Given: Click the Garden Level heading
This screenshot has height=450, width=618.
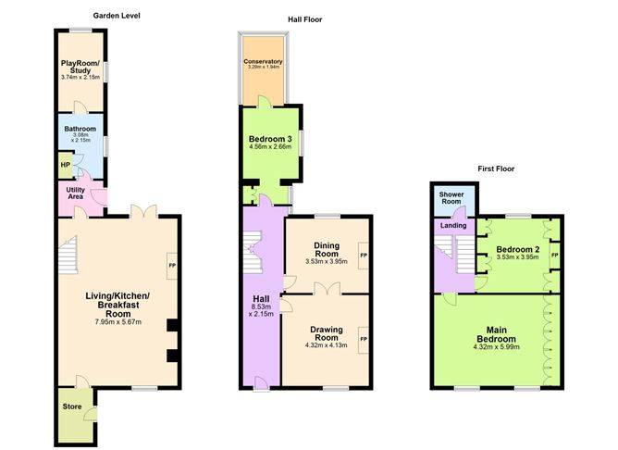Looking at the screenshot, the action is [x=117, y=16].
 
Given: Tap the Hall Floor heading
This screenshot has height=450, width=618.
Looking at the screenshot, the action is [x=304, y=19].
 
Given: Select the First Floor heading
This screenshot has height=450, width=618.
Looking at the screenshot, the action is [x=496, y=169].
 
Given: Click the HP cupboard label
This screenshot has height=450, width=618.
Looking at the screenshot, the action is [x=65, y=165].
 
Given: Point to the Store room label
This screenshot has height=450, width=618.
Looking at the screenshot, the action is [x=72, y=406].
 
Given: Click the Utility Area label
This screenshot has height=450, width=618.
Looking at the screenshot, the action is [x=75, y=193].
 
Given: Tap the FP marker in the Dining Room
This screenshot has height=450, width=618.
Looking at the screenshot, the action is [x=363, y=256].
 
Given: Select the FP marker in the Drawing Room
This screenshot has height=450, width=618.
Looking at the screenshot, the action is [x=363, y=339].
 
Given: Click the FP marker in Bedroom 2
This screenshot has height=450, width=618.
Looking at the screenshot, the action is [x=554, y=256].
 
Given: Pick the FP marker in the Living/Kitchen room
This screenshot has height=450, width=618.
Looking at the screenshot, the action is [x=172, y=266].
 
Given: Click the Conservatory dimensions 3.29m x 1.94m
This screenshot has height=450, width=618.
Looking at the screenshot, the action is [x=264, y=67].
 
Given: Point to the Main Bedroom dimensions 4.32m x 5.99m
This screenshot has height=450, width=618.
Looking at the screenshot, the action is [x=496, y=347].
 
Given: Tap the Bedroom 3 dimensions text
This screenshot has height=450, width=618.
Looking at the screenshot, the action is [x=270, y=146].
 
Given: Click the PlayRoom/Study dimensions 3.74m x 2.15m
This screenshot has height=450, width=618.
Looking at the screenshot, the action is [x=80, y=78].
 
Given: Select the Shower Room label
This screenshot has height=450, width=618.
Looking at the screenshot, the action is [x=451, y=198].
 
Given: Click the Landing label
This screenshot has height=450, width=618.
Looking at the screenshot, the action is [x=453, y=226].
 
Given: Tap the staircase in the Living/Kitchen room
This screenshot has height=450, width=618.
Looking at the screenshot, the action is [x=68, y=255].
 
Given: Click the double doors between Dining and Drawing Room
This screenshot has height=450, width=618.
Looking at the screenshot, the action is [x=328, y=289].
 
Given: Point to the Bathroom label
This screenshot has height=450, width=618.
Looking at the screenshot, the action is [x=80, y=129].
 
